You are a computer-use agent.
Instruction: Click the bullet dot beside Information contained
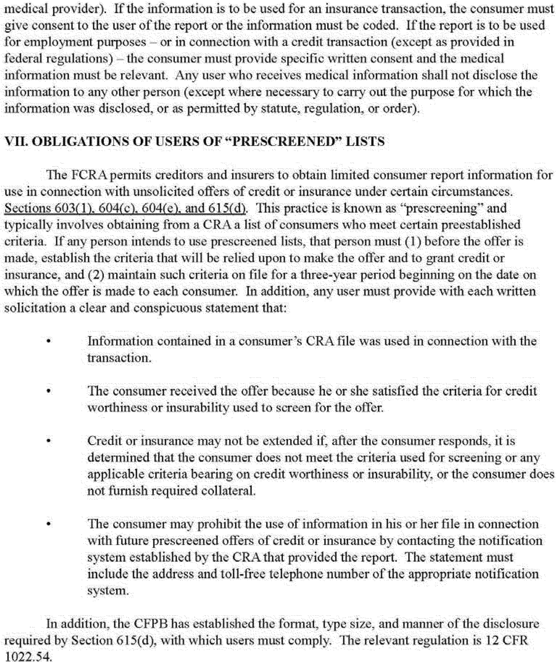point(48,342)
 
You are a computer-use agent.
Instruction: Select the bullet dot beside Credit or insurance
point(48,442)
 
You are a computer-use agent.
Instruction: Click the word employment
point(57,42)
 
